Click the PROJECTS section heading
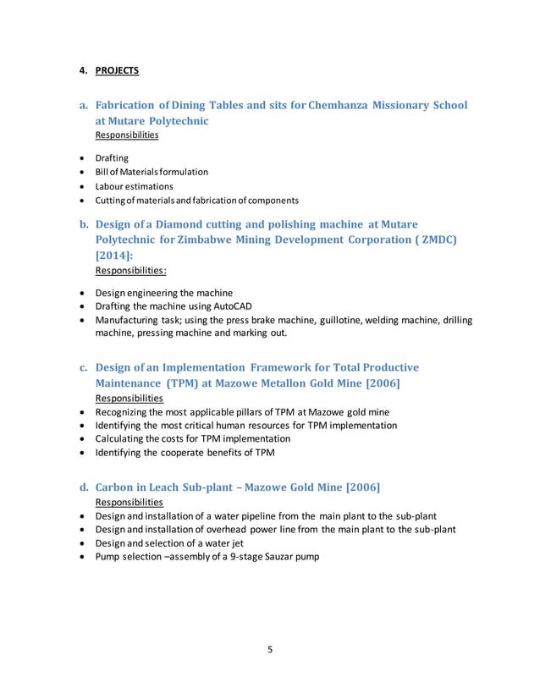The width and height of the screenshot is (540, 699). (117, 70)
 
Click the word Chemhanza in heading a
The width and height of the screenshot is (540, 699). (347, 106)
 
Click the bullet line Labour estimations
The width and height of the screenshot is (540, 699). (134, 186)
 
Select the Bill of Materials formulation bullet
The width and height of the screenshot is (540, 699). (152, 172)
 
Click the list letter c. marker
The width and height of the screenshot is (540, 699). (85, 367)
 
